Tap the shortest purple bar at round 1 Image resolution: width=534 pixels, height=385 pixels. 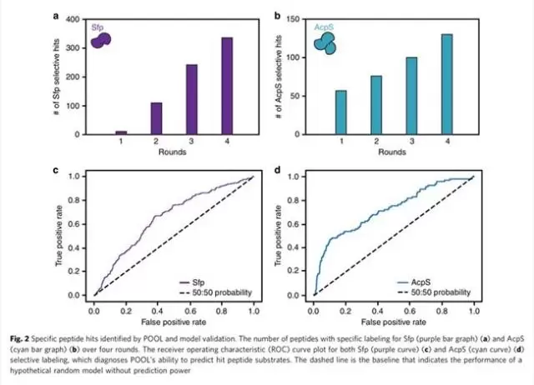tap(120, 132)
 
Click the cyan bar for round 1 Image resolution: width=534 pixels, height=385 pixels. tap(340, 112)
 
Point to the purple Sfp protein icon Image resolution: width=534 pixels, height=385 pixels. tap(102, 40)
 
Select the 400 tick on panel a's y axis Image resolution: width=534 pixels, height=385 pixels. tap(75, 18)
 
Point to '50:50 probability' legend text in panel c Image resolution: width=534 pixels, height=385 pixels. tap(229, 292)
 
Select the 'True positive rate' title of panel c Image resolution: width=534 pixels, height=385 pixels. tap(61, 235)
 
